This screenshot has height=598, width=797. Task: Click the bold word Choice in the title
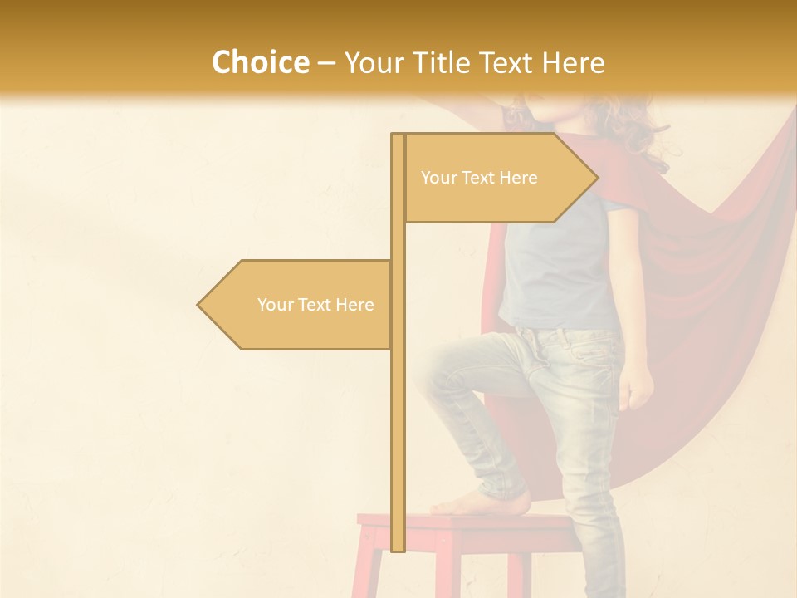[x=260, y=62]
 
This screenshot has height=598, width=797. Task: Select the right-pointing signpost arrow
[x=498, y=178]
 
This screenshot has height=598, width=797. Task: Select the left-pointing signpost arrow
[x=295, y=305]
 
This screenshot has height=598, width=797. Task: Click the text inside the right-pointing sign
[x=479, y=178]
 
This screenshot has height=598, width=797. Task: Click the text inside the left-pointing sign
[x=315, y=305]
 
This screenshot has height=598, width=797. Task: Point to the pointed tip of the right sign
[x=596, y=178]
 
